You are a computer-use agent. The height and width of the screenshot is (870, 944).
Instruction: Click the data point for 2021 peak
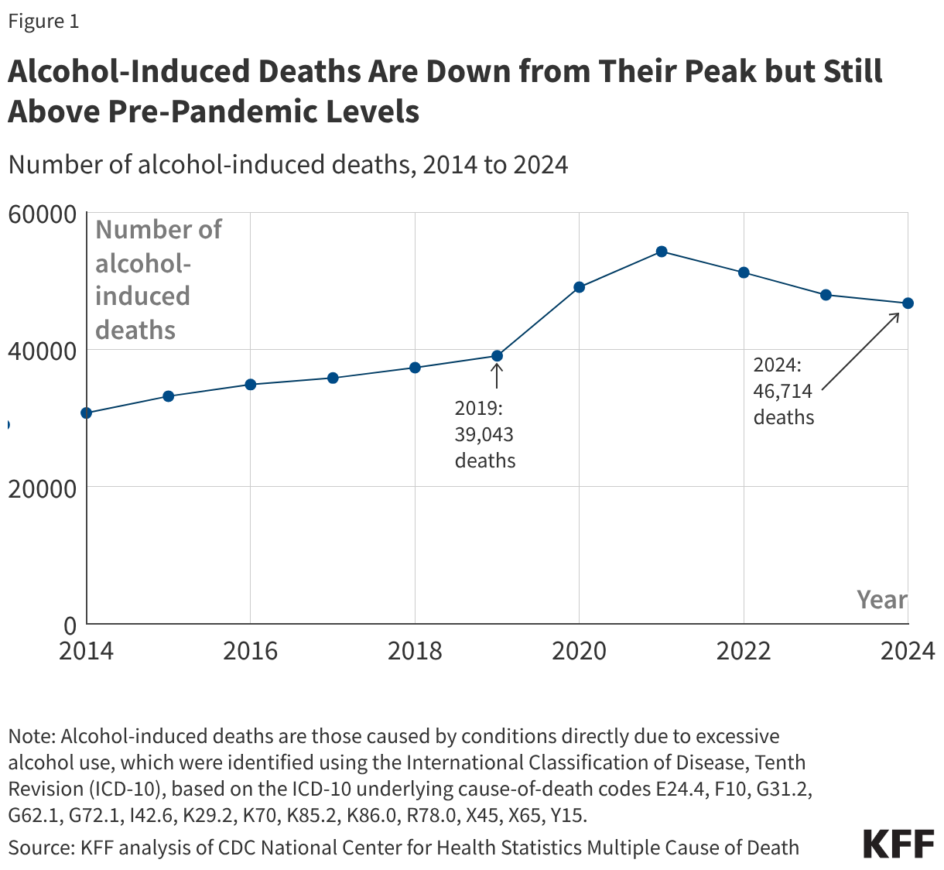pos(662,252)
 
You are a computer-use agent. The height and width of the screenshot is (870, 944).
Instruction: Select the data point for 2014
pos(87,413)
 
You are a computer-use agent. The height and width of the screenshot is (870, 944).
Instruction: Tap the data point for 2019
pos(498,356)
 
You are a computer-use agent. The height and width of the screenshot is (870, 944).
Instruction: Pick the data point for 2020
pos(580,287)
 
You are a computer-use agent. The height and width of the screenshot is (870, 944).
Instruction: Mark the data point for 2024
pos(908,303)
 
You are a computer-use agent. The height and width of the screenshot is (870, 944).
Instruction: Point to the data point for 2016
pos(251,385)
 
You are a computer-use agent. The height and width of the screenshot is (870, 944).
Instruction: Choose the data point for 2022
pos(744,272)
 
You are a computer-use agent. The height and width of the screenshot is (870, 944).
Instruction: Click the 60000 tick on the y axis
pos(42,214)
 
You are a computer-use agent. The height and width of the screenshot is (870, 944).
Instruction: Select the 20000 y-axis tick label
pos(42,488)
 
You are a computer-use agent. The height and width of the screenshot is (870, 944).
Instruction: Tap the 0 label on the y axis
pos(70,625)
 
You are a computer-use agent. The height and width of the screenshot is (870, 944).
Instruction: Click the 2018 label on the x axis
pos(415,651)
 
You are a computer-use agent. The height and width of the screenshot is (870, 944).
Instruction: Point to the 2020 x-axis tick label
pos(580,651)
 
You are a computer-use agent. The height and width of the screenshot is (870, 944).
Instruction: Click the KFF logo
pos(898,844)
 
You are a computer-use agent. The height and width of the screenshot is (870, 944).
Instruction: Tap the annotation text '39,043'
pos(484,434)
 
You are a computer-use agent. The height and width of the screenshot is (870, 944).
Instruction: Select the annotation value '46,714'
pos(782,391)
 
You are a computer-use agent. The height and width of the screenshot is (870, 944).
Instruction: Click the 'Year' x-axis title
pos(881,600)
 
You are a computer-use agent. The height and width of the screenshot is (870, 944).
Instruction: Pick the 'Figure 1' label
pos(43,22)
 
